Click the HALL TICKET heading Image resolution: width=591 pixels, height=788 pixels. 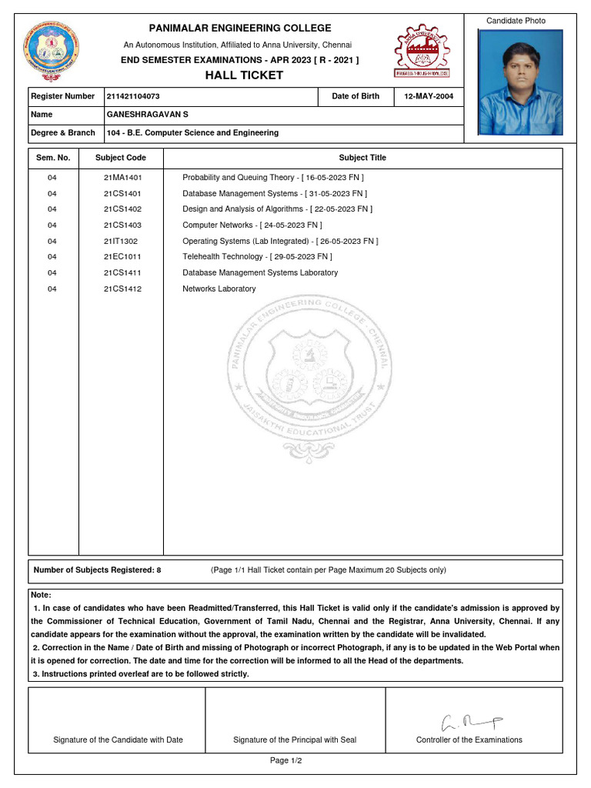[x=244, y=75]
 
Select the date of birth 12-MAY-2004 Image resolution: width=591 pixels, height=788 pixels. [x=429, y=96]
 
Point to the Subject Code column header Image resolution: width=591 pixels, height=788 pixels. [x=120, y=158]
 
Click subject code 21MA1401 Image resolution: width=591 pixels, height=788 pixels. [x=122, y=178]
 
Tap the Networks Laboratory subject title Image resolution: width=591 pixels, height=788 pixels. [x=219, y=289]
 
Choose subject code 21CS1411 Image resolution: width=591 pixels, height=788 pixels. [x=122, y=273]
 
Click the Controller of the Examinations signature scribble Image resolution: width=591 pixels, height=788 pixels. [x=470, y=722]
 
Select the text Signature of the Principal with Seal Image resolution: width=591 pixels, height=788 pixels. [x=295, y=740]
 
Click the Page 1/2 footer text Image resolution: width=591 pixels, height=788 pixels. [x=285, y=761]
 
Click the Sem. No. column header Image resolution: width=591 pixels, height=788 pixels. [x=53, y=158]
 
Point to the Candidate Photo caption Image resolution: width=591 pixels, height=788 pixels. [x=516, y=21]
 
